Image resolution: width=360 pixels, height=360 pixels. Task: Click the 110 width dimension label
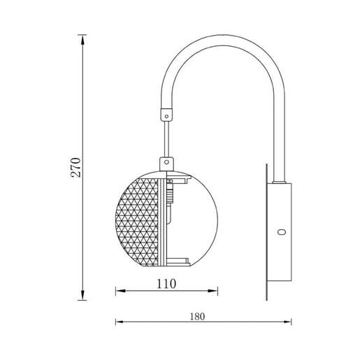point(166,284)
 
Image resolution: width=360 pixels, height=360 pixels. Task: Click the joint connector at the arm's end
point(166,112)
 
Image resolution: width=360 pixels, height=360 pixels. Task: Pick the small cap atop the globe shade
point(166,162)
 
